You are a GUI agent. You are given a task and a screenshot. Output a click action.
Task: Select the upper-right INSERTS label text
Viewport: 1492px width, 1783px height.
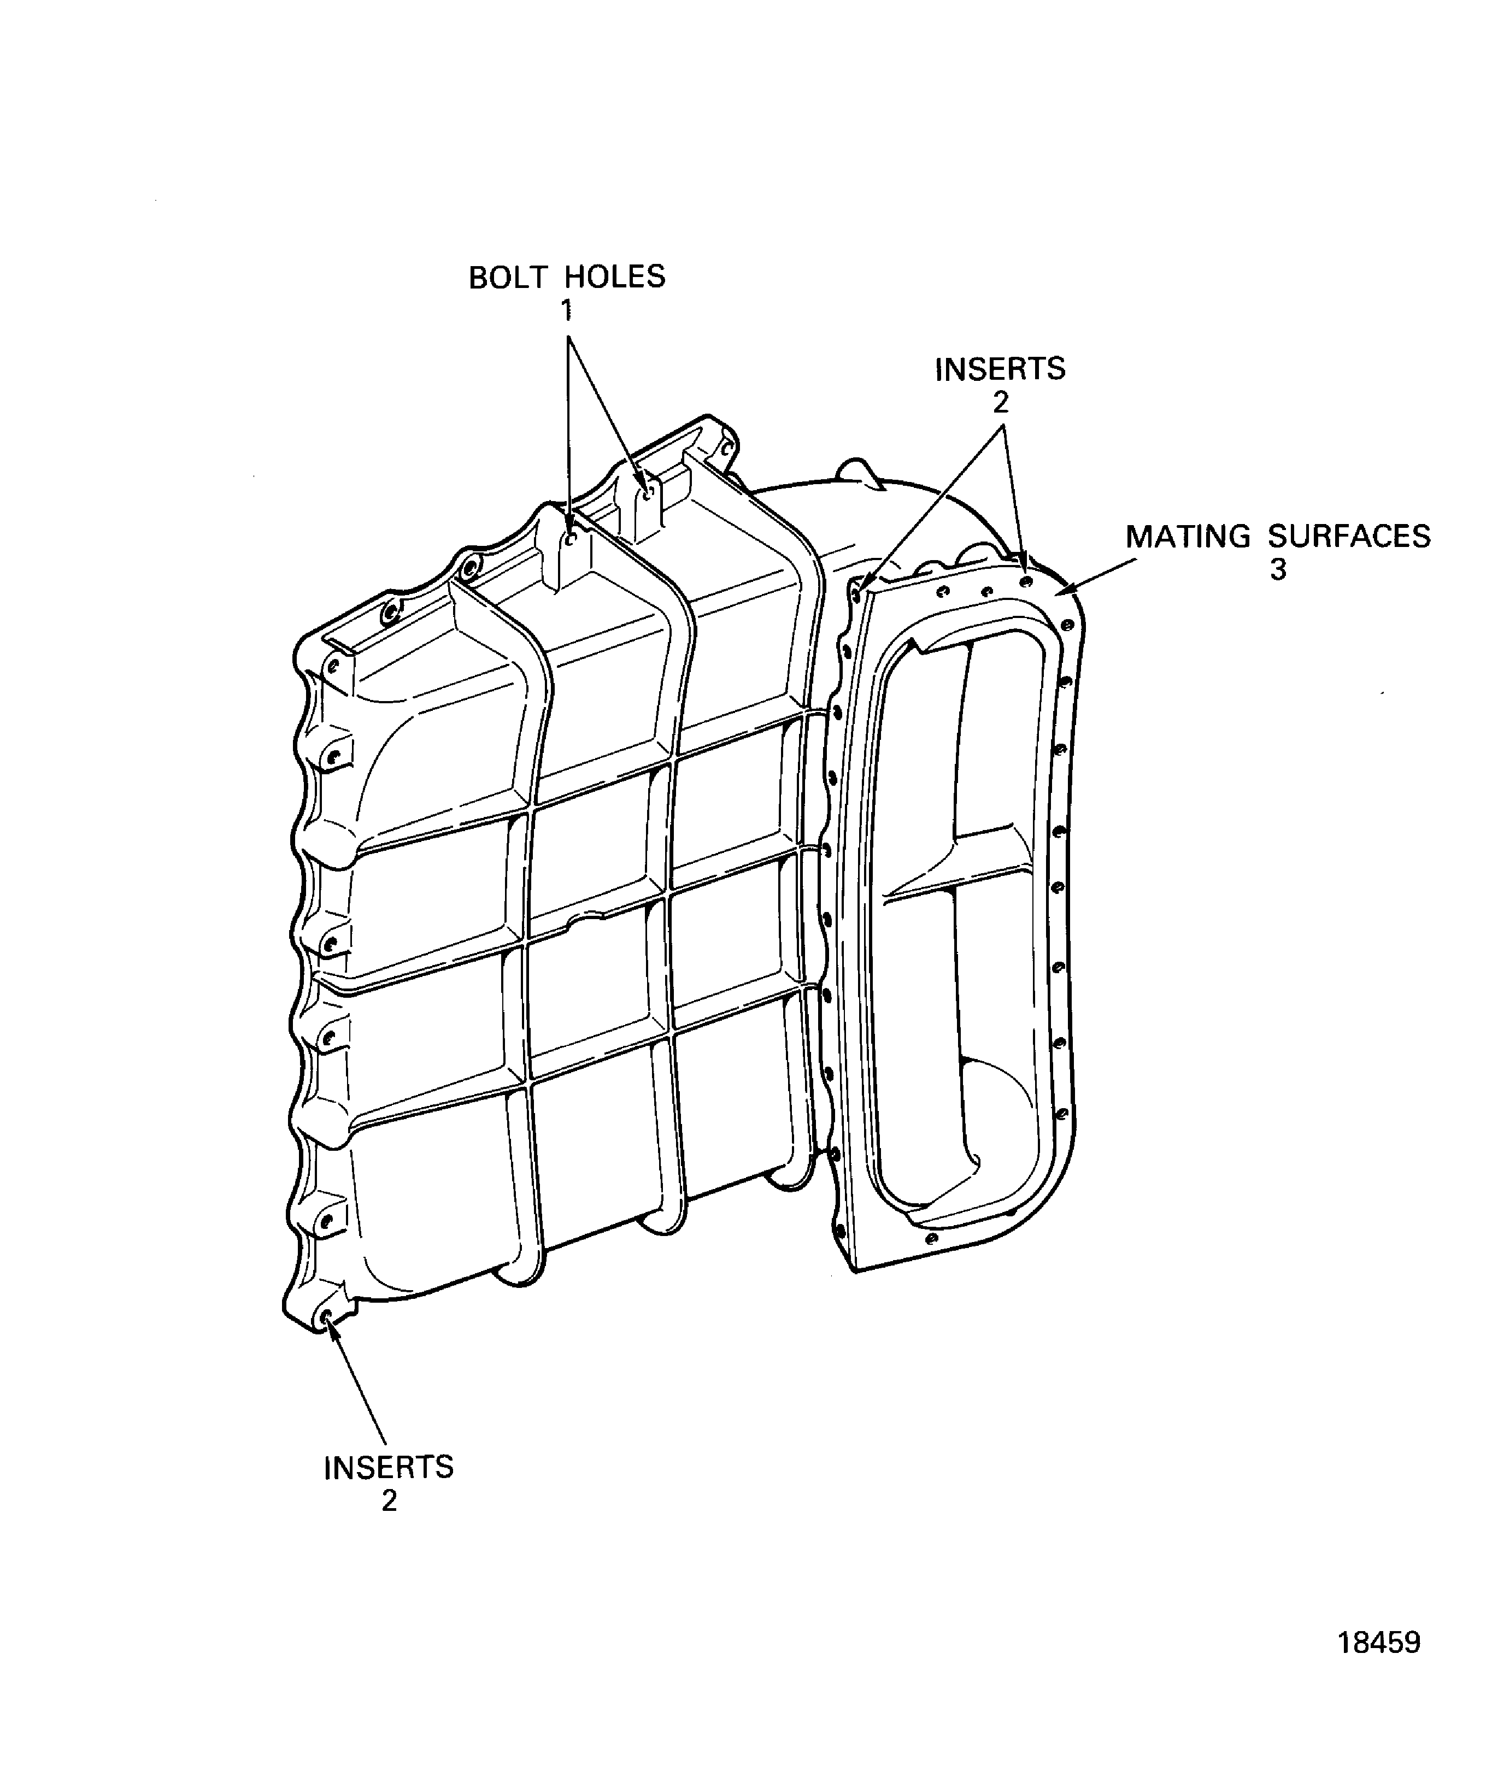(1000, 369)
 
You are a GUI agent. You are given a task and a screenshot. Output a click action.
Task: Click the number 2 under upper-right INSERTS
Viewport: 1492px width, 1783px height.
(1000, 403)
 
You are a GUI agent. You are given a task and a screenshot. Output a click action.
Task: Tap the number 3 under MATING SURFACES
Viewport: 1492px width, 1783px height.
(1278, 570)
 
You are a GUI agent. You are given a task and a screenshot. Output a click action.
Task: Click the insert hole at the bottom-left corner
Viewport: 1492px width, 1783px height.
(327, 1318)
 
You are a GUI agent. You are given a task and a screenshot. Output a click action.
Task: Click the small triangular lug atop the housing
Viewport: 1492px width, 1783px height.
(861, 472)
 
